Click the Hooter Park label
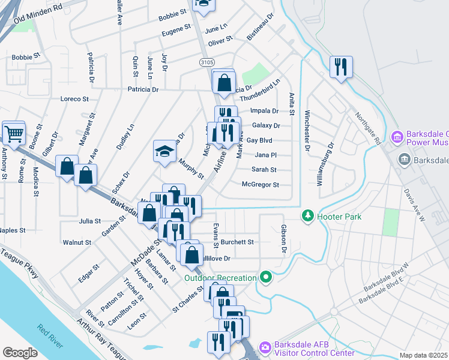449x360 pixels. pos(339,216)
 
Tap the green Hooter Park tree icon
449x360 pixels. pos(307,215)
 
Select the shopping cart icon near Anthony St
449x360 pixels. pos(14,133)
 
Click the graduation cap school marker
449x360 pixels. pos(164,152)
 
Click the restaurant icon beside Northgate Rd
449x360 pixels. pos(341,67)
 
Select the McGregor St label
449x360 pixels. pos(260,185)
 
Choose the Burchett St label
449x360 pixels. pos(237,242)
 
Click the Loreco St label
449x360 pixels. pos(74,99)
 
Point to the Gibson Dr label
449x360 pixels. pos(283,238)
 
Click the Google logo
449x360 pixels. pos(20,352)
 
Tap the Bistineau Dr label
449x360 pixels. pos(260,26)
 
